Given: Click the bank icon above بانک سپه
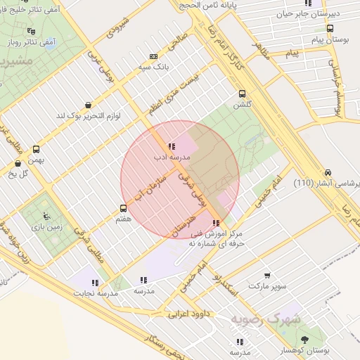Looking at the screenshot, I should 153,56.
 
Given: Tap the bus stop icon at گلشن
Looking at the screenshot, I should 243,94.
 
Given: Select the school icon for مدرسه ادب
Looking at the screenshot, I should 172,146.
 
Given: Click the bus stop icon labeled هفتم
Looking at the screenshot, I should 124,208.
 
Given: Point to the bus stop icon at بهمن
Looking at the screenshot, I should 36,148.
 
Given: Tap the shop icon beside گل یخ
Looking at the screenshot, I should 17,163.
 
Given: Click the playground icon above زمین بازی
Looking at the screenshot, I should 46,216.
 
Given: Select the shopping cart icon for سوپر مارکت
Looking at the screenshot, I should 267,276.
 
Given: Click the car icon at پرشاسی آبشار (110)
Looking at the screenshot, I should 328,173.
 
